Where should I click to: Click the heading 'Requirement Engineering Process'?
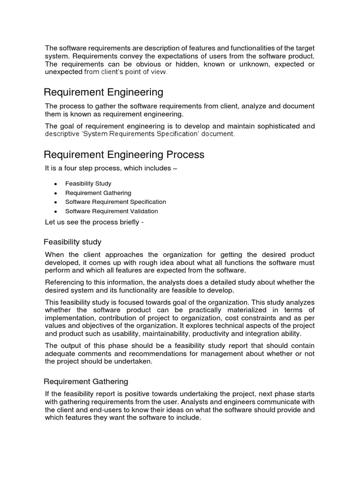[124, 155]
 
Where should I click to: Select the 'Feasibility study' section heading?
[73, 242]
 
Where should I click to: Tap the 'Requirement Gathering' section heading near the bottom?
[86, 382]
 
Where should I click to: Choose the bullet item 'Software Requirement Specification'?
[115, 202]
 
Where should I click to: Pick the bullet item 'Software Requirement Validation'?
[111, 211]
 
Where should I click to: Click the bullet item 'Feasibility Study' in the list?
[88, 184]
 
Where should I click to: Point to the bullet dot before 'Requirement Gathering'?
[56, 193]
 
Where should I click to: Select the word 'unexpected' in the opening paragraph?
[63, 72]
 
